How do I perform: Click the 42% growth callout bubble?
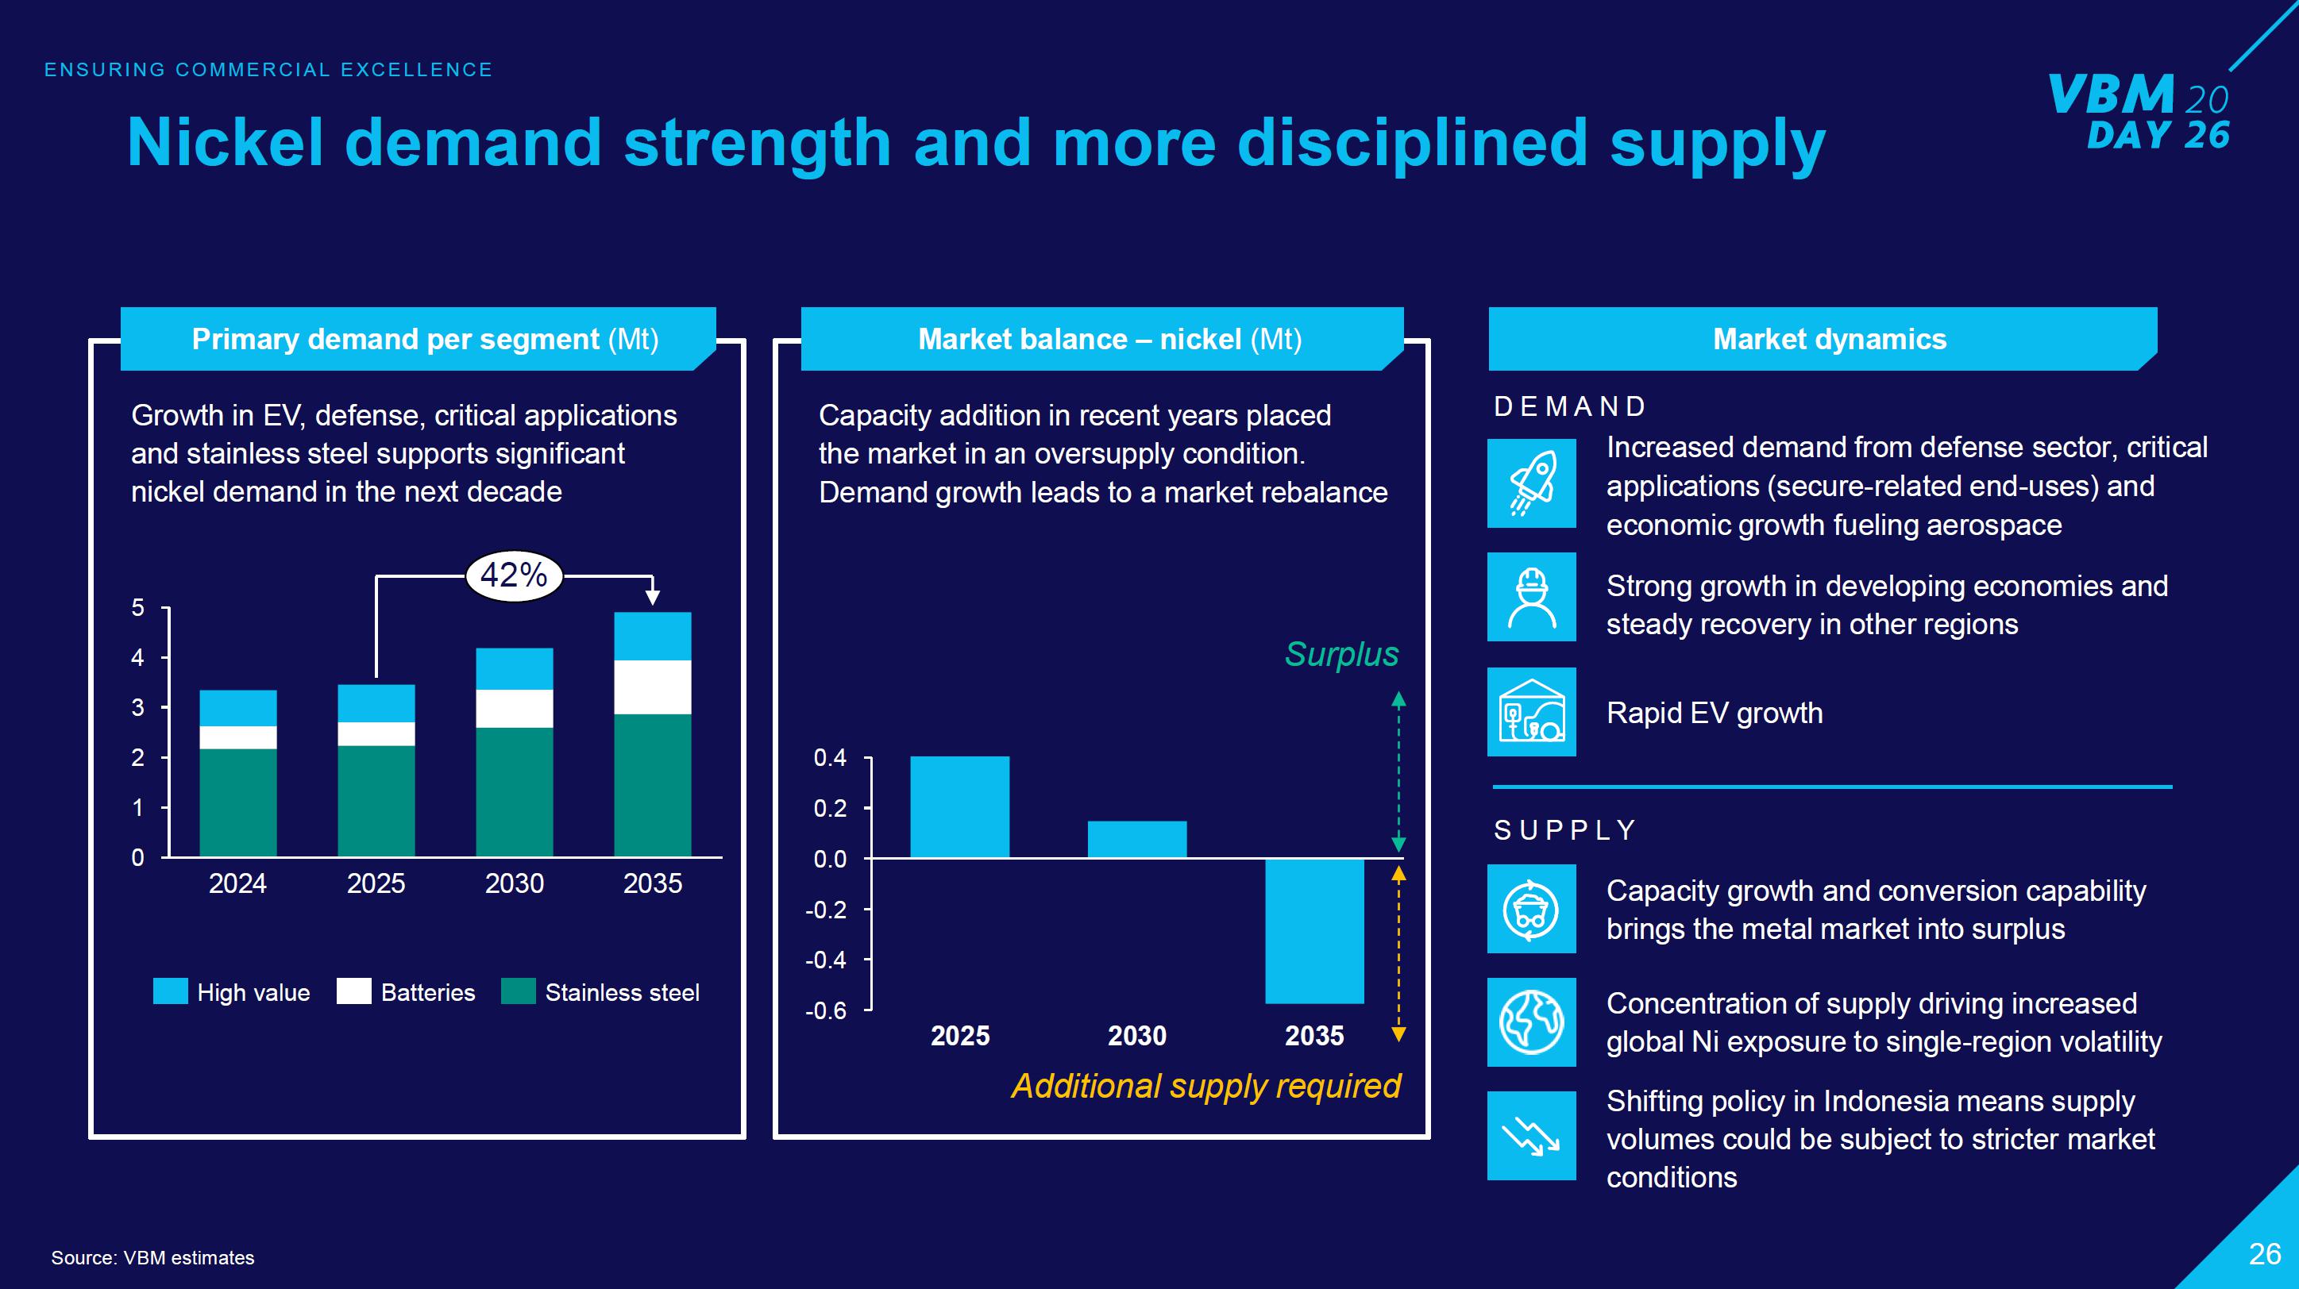513,575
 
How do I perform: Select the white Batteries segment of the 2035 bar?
653,687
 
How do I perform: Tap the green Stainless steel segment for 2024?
237,802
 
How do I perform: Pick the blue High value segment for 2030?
514,669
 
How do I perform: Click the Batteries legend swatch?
353,992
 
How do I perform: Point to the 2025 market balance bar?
959,806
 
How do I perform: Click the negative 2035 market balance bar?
1313,930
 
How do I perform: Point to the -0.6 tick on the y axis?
826,1010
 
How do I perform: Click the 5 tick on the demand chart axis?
137,608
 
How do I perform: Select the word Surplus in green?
1340,654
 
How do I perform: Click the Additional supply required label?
1205,1086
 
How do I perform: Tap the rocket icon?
1532,483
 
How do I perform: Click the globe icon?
1532,1022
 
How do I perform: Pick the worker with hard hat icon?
1532,597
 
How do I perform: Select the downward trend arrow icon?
1532,1136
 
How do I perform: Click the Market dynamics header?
1829,339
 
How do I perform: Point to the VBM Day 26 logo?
2139,111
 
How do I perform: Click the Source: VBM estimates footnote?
152,1258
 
